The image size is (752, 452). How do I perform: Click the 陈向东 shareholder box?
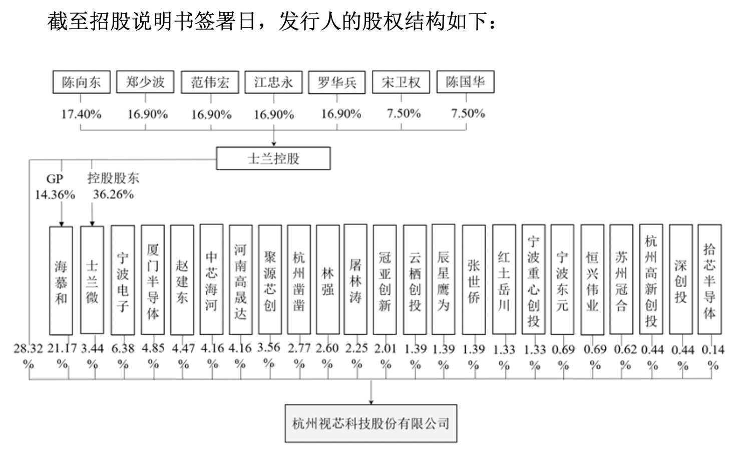pos(81,82)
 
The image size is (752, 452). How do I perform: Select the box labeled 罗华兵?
pos(337,82)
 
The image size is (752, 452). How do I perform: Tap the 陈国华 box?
pos(465,82)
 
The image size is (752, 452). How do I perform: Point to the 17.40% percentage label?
pos(81,114)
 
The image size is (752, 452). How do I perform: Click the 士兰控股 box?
pos(273,158)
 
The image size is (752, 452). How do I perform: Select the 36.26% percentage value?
pos(113,194)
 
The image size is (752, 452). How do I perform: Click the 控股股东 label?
pos(113,178)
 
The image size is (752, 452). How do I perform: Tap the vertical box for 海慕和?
pos(61,281)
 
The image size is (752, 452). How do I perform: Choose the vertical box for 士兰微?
pos(92,281)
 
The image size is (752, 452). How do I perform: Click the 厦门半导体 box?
pos(153,281)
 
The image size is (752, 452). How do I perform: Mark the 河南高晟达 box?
pos(240,281)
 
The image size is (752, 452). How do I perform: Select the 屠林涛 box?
pos(355,281)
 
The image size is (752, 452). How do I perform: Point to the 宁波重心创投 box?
pos(533,281)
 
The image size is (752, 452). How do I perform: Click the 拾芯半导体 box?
pos(709,281)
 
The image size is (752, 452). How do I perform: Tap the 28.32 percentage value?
pos(28,349)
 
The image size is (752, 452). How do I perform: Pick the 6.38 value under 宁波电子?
pos(123,349)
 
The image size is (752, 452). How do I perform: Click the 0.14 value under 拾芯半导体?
pos(713,350)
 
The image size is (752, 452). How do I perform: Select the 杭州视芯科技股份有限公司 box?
pos(371,423)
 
